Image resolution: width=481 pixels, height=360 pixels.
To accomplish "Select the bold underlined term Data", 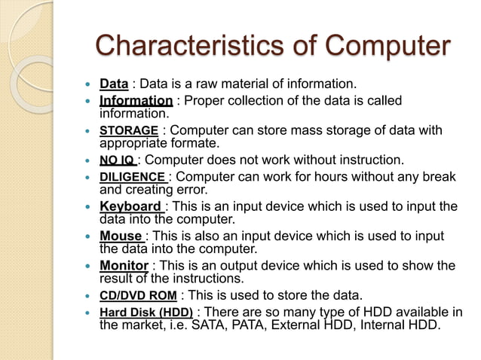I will click(114, 83).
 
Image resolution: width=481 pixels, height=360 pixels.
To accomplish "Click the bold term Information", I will click(136, 101).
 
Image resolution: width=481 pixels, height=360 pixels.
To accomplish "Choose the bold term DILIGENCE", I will click(133, 177).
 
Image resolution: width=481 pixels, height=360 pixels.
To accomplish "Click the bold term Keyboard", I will click(130, 206).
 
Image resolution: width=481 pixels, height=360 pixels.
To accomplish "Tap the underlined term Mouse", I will click(121, 236).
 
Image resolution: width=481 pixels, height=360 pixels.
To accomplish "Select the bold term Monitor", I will click(124, 265).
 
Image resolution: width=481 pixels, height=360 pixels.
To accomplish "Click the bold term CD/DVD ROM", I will click(136, 294).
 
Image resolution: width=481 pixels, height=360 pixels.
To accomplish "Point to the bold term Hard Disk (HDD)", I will click(146, 313).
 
